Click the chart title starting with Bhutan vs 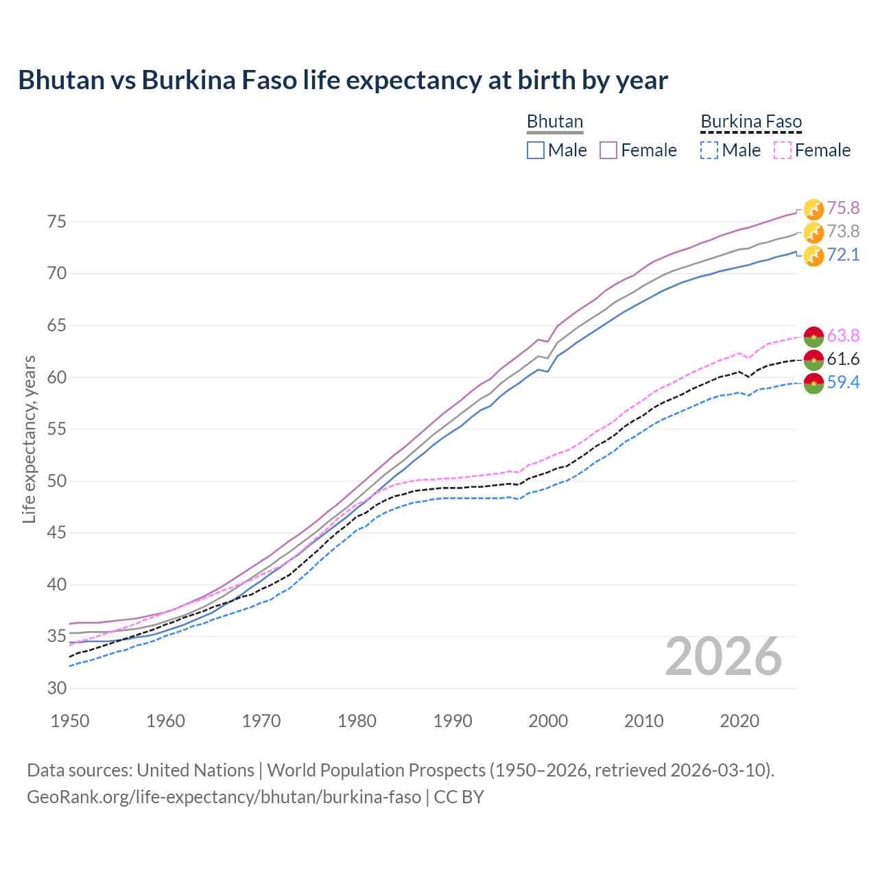tap(343, 80)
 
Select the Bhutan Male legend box tap(536, 150)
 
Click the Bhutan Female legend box tap(608, 150)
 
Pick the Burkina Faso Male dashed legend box tap(709, 150)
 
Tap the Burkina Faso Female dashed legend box tap(782, 150)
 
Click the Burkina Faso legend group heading tap(751, 122)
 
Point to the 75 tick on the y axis tap(57, 222)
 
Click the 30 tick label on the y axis tap(57, 688)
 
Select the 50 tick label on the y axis tap(57, 481)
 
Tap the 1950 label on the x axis tap(71, 721)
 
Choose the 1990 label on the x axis tap(453, 721)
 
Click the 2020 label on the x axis tap(739, 721)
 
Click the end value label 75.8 tap(843, 208)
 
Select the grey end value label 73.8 tap(843, 231)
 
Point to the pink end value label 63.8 tap(843, 335)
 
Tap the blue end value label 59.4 tap(843, 382)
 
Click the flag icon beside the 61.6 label tap(814, 359)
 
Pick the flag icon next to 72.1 tap(814, 256)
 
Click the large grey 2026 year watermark tap(724, 656)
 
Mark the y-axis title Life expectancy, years tap(29, 439)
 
